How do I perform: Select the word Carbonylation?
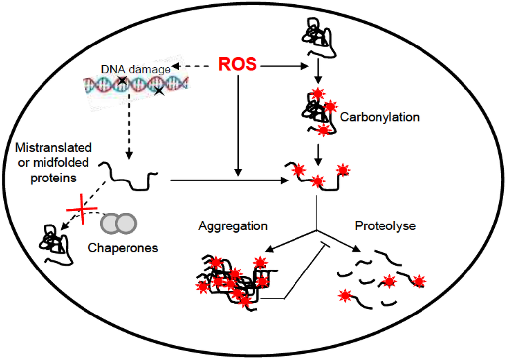pyautogui.click(x=379, y=117)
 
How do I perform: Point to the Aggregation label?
pyautogui.click(x=233, y=226)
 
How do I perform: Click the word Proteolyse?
pyautogui.click(x=385, y=226)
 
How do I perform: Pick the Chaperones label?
pyautogui.click(x=123, y=248)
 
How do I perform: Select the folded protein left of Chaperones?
pyautogui.click(x=55, y=244)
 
